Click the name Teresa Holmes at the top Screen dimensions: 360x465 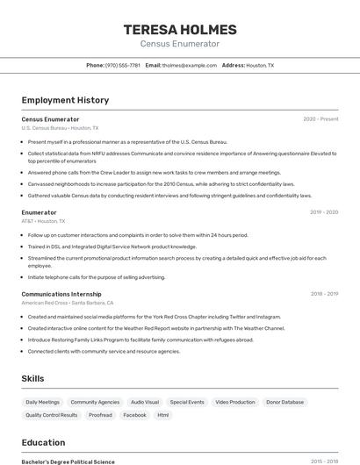[x=179, y=28]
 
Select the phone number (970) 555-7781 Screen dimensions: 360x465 [x=123, y=65]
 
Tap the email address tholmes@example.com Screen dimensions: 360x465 [x=190, y=65]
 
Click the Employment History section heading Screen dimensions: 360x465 [x=65, y=100]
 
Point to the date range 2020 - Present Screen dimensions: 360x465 [x=320, y=118]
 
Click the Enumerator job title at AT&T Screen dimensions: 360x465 [x=39, y=212]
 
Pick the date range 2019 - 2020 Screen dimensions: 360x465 [x=324, y=212]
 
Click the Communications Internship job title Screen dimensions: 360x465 [x=61, y=294]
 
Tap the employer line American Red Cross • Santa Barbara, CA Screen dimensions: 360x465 [x=67, y=303]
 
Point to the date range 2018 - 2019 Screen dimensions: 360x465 [x=324, y=294]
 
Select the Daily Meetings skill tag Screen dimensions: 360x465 [x=43, y=402]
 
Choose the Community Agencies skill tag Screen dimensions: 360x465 [x=95, y=402]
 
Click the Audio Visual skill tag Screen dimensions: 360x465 [x=145, y=402]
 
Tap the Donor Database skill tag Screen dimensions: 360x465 [x=285, y=402]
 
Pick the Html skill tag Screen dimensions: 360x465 [x=163, y=415]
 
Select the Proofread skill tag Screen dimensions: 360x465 [x=100, y=415]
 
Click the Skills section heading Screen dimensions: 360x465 [x=33, y=378]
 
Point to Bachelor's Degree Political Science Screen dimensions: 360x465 [x=68, y=461]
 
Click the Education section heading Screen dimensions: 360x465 [x=43, y=442]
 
